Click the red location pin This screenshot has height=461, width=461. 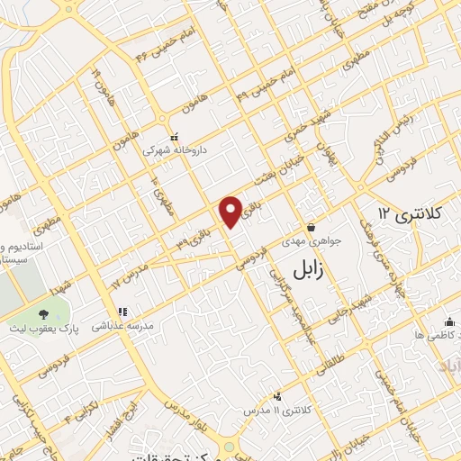[230, 211]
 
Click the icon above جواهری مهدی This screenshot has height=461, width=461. [310, 227]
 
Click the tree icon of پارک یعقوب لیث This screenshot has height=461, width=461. [41, 314]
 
